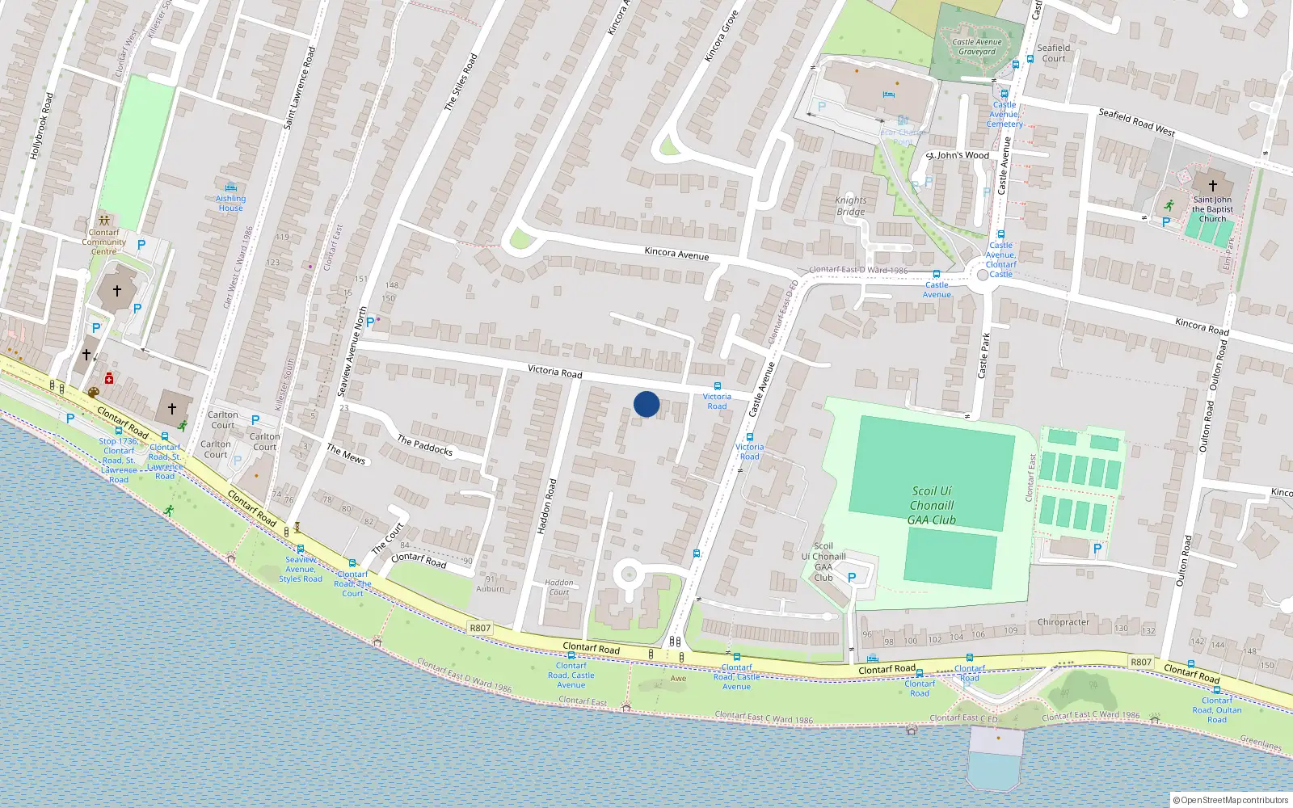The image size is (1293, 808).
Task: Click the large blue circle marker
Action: click(x=646, y=404)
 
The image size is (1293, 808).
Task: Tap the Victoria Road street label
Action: click(x=554, y=371)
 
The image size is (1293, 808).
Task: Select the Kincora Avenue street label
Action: click(x=676, y=254)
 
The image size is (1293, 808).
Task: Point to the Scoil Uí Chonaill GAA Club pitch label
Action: click(x=932, y=505)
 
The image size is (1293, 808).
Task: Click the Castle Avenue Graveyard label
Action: click(x=976, y=47)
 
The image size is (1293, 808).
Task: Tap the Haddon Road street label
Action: click(x=547, y=506)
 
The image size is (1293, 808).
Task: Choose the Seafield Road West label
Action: click(x=1136, y=122)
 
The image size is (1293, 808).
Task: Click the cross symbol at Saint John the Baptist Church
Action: click(x=1212, y=185)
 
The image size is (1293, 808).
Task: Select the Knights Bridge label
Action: click(x=850, y=206)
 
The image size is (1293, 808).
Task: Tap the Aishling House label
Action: click(x=230, y=203)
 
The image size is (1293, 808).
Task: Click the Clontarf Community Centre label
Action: click(x=103, y=242)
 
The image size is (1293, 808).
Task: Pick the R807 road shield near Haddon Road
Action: click(x=480, y=628)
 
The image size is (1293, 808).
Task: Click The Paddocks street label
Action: click(x=424, y=444)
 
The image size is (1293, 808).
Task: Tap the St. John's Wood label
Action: click(x=957, y=155)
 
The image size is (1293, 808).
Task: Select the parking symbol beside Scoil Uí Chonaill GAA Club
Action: click(x=851, y=578)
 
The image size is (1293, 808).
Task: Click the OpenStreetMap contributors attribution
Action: click(x=1232, y=800)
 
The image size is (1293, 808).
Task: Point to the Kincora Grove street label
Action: click(x=721, y=36)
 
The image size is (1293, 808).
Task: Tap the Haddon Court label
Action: click(x=558, y=587)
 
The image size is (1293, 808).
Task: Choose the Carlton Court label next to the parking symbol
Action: click(x=223, y=419)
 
